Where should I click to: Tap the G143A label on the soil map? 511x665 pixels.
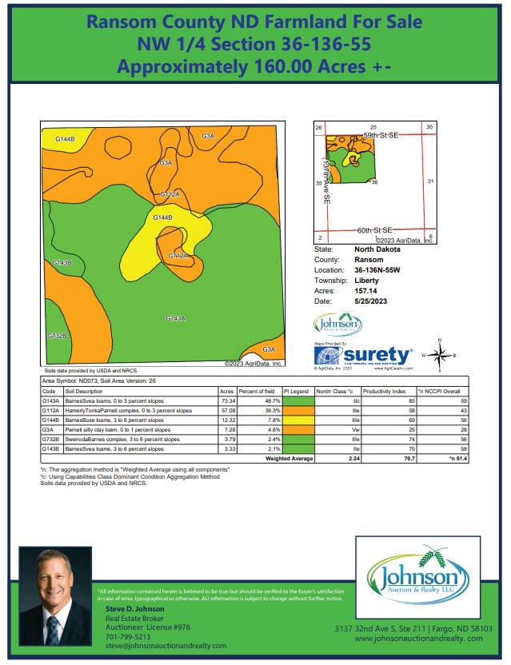[175, 318]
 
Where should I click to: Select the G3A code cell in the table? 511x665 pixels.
[48, 429]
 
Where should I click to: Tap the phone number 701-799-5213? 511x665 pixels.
[128, 637]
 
